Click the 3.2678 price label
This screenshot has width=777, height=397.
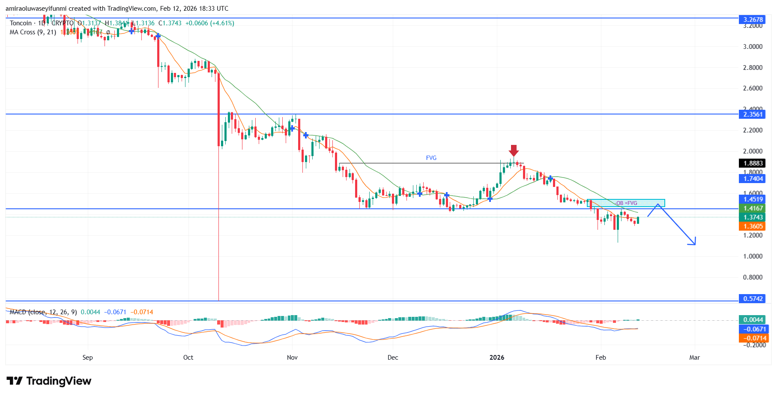coord(753,19)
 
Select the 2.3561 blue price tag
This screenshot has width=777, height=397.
coord(753,114)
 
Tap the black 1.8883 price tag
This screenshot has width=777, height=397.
coord(753,163)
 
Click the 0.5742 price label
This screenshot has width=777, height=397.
coord(753,298)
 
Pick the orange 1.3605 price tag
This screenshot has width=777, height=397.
coord(753,226)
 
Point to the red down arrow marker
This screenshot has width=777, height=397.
coord(514,150)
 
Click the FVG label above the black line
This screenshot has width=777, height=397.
coord(431,158)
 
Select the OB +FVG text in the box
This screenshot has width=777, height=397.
coord(626,203)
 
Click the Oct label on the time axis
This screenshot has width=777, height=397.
coord(188,357)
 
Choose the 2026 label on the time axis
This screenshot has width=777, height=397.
coord(497,357)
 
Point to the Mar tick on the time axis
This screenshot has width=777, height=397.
coord(694,357)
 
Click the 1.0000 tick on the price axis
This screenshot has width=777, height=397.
coord(752,256)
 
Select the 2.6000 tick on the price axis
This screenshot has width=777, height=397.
coord(752,88)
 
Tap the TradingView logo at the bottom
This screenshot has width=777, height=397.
coord(49,381)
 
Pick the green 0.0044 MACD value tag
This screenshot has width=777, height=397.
coord(753,319)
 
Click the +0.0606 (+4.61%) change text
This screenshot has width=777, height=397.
coord(209,23)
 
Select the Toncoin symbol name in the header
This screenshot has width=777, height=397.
coord(21,23)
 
